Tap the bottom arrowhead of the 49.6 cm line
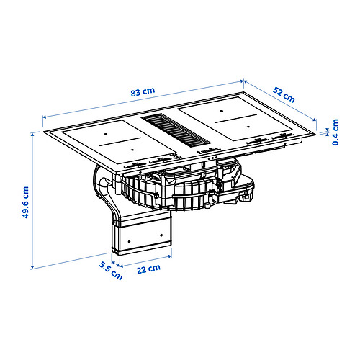point(33,267)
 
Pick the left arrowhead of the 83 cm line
point(44,114)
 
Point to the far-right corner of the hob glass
point(318,130)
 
